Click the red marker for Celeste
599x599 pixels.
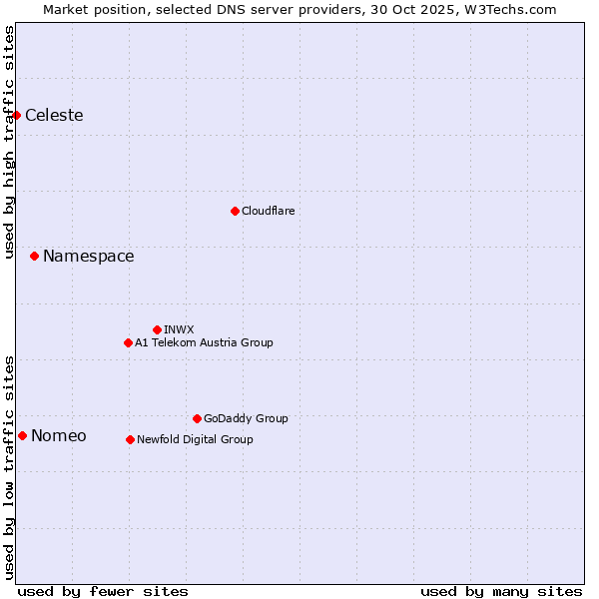[16, 115]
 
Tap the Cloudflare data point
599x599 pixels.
[235, 211]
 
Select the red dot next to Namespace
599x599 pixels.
[34, 257]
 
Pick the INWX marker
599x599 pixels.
[157, 329]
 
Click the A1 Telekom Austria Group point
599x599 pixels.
[128, 342]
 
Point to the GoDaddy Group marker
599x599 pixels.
[197, 418]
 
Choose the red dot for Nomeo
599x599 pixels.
[22, 435]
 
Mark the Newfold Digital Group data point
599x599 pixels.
[130, 439]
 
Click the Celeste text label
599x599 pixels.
[54, 115]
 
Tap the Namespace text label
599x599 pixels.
[88, 257]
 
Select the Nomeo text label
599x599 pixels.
[59, 435]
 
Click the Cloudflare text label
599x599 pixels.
[268, 211]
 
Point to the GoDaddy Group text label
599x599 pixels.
[246, 418]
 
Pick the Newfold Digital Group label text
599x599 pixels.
[195, 439]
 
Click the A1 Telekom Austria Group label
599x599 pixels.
[204, 342]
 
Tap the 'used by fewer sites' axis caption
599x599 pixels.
[103, 591]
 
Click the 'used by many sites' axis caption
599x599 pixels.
[501, 591]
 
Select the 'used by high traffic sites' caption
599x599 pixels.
[9, 142]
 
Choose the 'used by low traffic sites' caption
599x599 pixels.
[9, 467]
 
